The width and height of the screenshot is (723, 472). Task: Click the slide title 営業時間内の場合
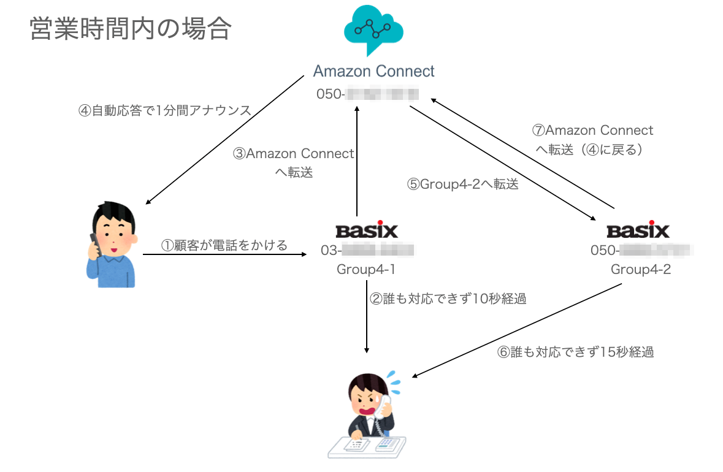[x=129, y=29]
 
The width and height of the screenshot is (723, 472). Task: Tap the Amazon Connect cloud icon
[x=373, y=31]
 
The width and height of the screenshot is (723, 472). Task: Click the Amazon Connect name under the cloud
[x=373, y=71]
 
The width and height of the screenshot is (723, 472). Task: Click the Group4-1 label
[x=367, y=270]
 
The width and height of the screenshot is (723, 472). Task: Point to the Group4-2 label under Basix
[x=640, y=270]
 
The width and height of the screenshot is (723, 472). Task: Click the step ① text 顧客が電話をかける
[x=224, y=246]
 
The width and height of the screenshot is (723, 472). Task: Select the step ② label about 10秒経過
[x=448, y=299]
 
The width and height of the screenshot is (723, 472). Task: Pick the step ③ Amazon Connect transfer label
[x=294, y=162]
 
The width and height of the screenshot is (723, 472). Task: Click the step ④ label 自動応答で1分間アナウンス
[x=165, y=111]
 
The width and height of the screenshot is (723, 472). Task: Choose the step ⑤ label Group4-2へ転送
[x=463, y=184]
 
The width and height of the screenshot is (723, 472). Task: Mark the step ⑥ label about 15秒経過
[x=575, y=352]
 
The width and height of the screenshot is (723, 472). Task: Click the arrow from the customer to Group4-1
[x=224, y=254]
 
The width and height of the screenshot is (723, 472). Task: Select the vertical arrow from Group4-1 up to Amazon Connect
[x=356, y=159]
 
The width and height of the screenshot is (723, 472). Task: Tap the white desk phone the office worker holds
[x=386, y=405]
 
